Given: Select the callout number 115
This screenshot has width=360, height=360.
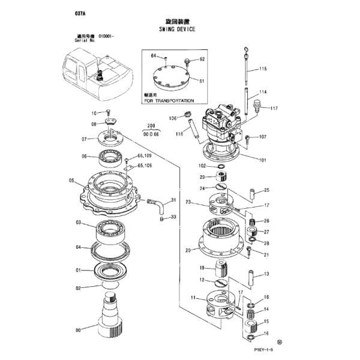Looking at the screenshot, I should pyautogui.click(x=262, y=70).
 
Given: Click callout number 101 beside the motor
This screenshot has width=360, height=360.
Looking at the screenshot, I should pyautogui.click(x=262, y=160).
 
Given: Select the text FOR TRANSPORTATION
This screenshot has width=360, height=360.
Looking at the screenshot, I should pyautogui.click(x=170, y=101).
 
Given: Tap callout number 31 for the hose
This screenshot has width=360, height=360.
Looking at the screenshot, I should pyautogui.click(x=173, y=200).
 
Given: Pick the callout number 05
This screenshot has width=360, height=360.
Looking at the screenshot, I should pyautogui.click(x=71, y=181).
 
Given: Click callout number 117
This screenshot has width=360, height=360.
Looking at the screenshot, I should pyautogui.click(x=274, y=109).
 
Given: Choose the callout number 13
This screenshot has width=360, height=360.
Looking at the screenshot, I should pyautogui.click(x=266, y=274).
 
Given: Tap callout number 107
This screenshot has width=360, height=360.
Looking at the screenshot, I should pyautogui.click(x=262, y=137).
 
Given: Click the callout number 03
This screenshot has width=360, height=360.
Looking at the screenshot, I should pyautogui.click(x=77, y=223).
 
